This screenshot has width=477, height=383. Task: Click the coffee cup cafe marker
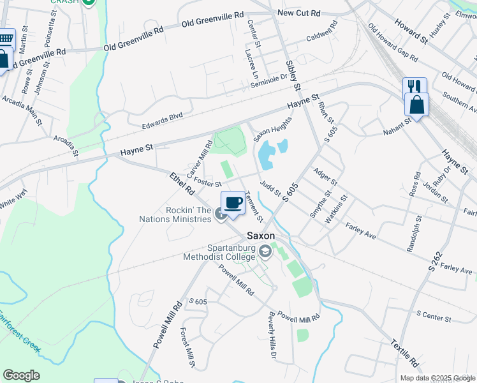[233, 202]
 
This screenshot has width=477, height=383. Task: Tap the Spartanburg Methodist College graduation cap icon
[265, 253]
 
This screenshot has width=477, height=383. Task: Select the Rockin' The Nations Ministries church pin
[221, 214]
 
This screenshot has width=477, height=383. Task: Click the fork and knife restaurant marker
[415, 86]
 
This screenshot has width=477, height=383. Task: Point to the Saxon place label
[261, 236]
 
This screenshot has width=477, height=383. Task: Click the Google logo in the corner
[21, 375]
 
